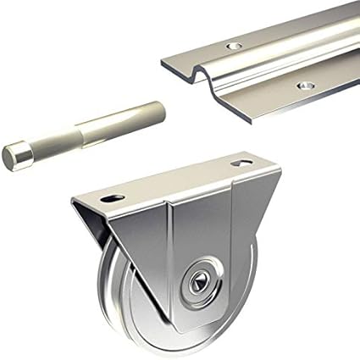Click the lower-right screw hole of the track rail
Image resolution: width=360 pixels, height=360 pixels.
coord(302,85)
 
